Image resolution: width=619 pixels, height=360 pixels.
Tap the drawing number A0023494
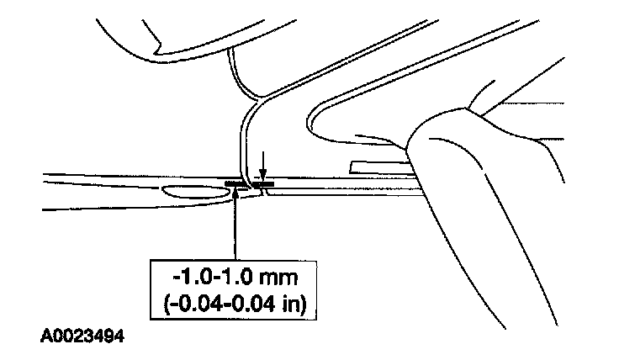[x=82, y=338]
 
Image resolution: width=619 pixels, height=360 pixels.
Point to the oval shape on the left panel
[x=195, y=193]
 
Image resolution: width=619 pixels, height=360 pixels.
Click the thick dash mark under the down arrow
[x=264, y=183]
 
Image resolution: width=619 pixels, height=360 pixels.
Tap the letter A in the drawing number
[x=45, y=338]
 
